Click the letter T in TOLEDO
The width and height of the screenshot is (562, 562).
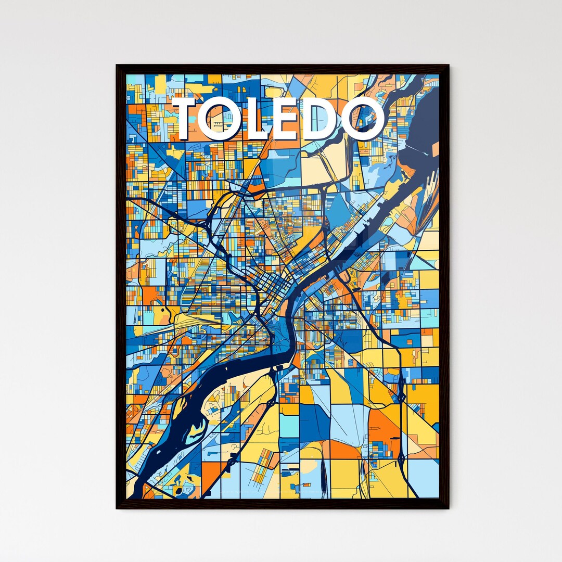[190, 119]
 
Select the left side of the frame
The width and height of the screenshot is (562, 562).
[119, 286]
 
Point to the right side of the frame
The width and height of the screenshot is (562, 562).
[445, 286]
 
